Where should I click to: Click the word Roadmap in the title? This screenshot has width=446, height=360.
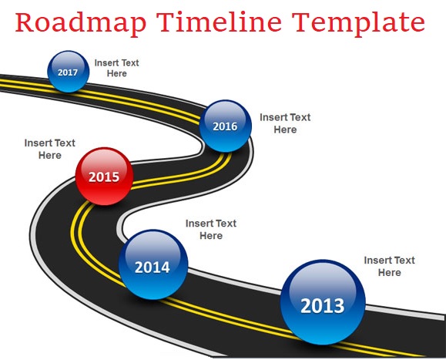[x=81, y=23]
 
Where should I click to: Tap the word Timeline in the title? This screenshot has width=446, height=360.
[x=219, y=22]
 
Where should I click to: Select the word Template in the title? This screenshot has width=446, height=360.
[x=358, y=23]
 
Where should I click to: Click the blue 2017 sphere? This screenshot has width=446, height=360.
[x=69, y=72]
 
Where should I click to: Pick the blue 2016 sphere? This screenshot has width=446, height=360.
[x=225, y=126]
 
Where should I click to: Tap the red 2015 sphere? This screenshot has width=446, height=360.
[x=104, y=177]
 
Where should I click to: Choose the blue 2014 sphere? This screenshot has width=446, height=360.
[x=153, y=264]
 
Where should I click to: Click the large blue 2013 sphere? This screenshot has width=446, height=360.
[x=323, y=302]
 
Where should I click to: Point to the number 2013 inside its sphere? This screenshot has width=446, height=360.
[x=323, y=306]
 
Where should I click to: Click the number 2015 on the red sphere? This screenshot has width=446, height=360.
[x=104, y=177]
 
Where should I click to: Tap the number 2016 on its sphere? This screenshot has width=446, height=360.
[x=225, y=126]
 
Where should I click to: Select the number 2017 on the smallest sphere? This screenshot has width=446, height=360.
[x=68, y=72]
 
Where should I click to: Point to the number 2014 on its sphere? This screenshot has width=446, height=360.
[x=153, y=267]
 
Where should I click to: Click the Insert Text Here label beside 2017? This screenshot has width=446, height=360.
[x=116, y=68]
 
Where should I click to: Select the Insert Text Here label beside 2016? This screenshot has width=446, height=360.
[x=285, y=123]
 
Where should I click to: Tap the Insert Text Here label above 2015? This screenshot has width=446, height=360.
[x=50, y=149]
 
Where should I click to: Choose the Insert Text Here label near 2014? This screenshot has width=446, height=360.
[x=211, y=230]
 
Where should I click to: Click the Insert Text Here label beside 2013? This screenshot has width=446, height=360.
[x=390, y=267]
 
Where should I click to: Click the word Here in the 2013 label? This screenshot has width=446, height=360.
[x=390, y=273]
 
